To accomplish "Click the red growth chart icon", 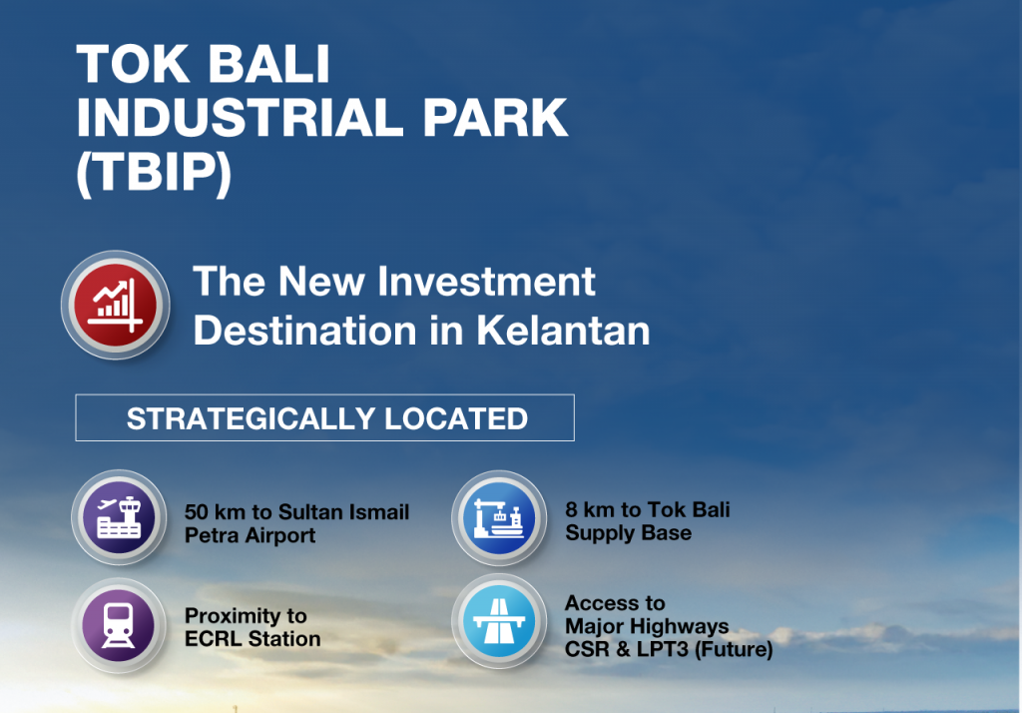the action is coord(116,305).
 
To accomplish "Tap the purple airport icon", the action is coord(119,517).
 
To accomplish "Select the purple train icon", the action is coord(119,625).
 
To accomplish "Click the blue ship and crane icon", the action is coord(499,518).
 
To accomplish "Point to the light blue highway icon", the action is coord(499,621).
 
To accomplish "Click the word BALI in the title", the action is coord(269,65).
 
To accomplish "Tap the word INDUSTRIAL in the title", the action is coord(241,118).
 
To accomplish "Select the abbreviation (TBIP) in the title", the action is coord(154,172).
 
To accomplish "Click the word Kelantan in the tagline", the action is coord(563,331).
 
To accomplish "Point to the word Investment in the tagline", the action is coord(486,282).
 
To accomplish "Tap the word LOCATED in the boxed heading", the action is coord(455,418).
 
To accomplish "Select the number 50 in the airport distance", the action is coord(197,512).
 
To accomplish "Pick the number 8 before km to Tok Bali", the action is coord(571,509).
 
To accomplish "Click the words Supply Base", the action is coord(629,533).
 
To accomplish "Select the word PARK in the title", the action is coord(495,118).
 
